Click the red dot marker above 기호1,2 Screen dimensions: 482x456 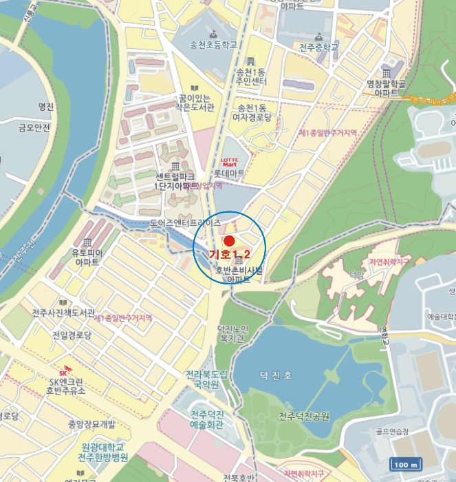[x=230, y=241]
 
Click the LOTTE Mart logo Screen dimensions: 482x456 [x=229, y=163]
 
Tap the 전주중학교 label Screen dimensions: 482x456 [x=319, y=48]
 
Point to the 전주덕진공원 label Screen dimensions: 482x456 [x=304, y=417]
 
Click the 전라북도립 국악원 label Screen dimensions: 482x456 [x=206, y=380]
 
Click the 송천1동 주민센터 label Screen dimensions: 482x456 [x=250, y=76]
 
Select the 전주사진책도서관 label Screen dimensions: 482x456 [x=63, y=313]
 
